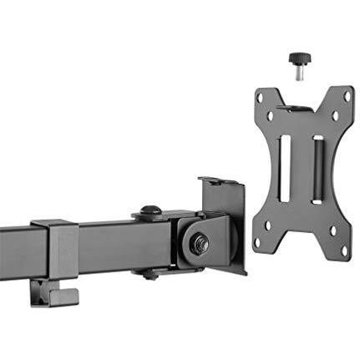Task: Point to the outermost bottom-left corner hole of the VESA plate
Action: pos(257,243)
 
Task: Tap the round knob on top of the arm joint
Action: pos(151,211)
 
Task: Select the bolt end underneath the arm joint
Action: pos(149,272)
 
